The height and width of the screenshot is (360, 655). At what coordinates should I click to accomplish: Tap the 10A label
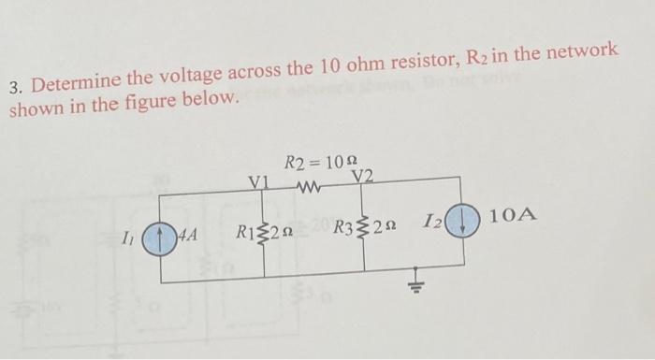coord(514,216)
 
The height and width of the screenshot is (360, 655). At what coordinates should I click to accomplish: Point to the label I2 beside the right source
coord(432,222)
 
